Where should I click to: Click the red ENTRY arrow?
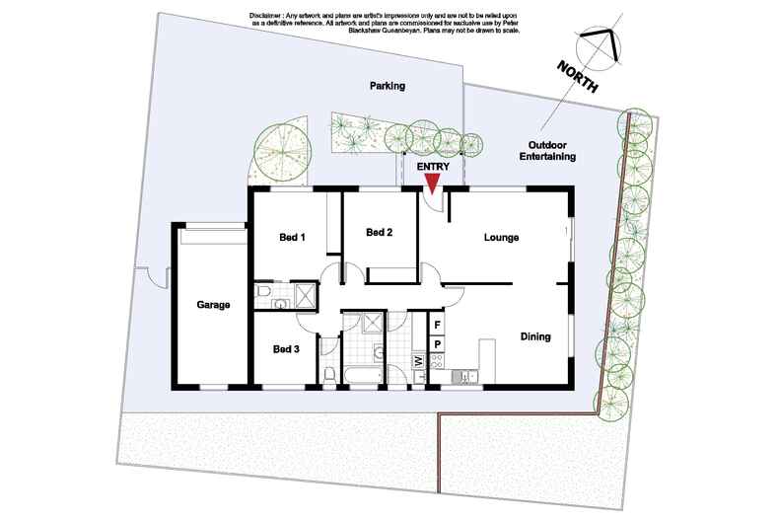[433, 184]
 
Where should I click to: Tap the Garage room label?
[213, 305]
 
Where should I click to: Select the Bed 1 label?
[292, 237]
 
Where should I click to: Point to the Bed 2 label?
[379, 232]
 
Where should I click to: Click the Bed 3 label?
[286, 349]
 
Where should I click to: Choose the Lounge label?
[501, 238]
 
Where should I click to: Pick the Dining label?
[535, 336]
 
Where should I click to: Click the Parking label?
[388, 86]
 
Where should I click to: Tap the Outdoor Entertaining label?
[547, 151]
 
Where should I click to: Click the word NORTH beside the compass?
[577, 76]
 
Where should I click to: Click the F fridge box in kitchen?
[438, 325]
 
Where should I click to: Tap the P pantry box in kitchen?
[438, 344]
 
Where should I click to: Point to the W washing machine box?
[418, 359]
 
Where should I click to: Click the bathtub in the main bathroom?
[362, 375]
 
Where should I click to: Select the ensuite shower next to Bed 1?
[305, 295]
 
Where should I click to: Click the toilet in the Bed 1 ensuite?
[263, 290]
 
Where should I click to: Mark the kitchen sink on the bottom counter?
[465, 377]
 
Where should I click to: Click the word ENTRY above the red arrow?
[433, 167]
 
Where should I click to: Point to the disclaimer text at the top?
[385, 23]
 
